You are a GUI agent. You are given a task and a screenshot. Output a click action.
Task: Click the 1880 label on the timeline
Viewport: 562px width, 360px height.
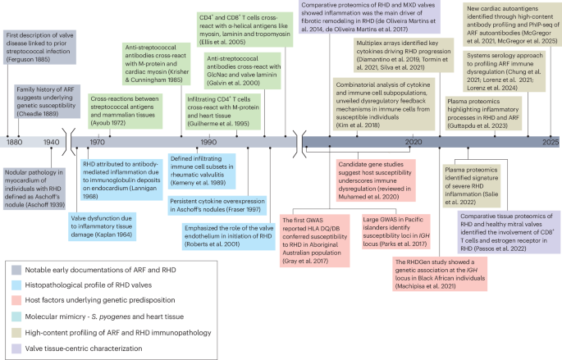(x=15, y=142)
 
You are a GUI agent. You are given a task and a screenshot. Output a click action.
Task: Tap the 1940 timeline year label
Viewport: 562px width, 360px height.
(x=54, y=142)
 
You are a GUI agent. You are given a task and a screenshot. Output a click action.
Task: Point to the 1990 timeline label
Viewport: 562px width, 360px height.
(x=208, y=142)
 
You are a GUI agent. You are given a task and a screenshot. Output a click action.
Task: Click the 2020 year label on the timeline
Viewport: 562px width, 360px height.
(x=413, y=142)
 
